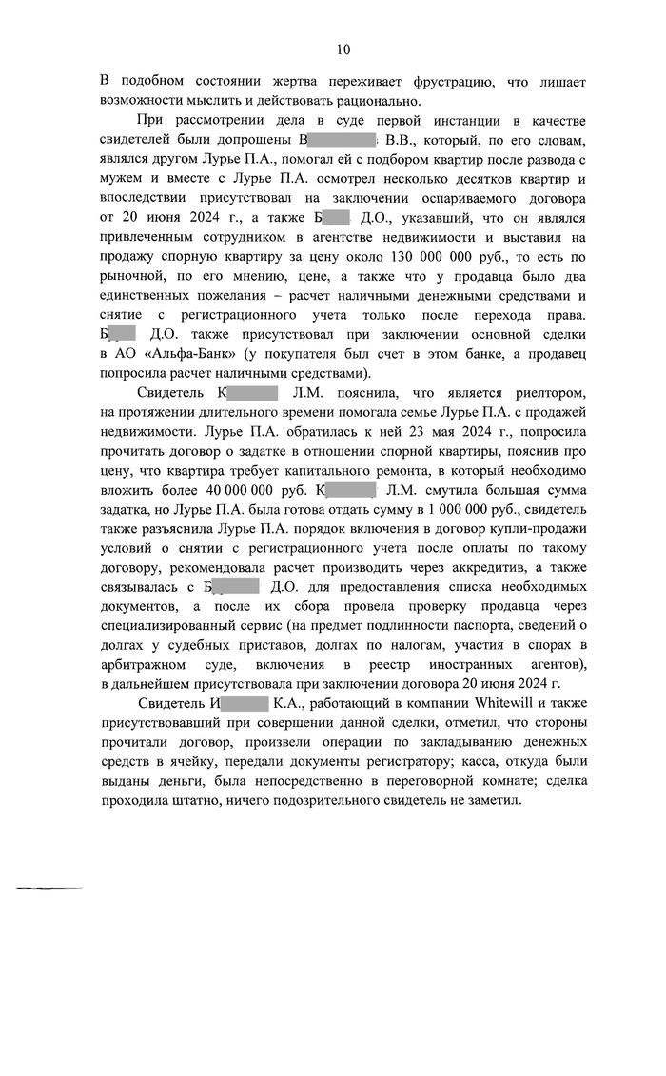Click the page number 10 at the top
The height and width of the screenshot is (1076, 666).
point(343,49)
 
